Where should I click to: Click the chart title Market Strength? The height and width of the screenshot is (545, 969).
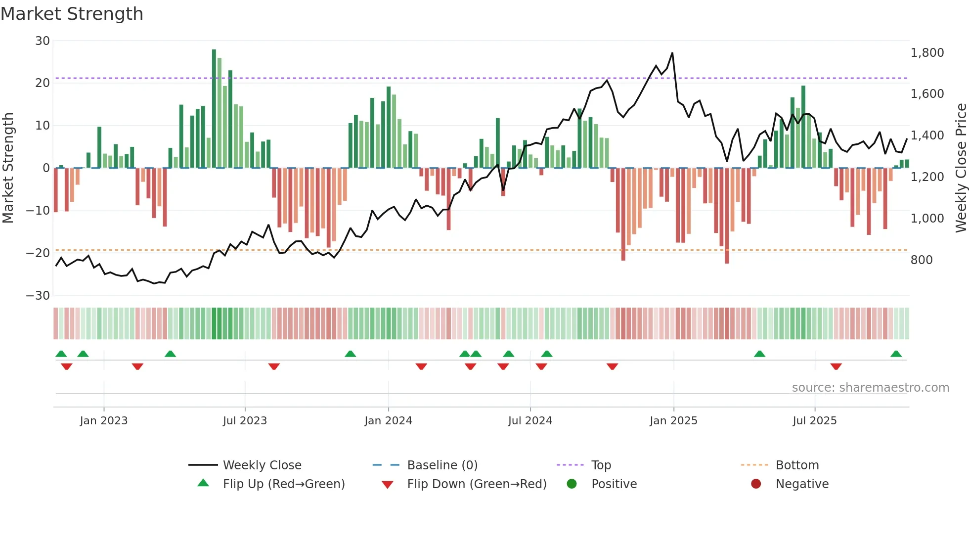pyautogui.click(x=72, y=14)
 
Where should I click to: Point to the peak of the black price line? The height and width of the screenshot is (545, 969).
pyautogui.click(x=672, y=53)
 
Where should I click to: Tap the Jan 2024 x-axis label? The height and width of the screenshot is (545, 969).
pyautogui.click(x=388, y=421)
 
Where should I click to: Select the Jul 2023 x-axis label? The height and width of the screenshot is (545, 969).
pyautogui.click(x=245, y=421)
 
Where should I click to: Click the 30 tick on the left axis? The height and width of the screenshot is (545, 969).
pyautogui.click(x=43, y=41)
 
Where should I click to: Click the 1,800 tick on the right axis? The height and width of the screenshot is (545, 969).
pyautogui.click(x=927, y=53)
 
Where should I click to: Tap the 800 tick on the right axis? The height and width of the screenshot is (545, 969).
pyautogui.click(x=922, y=260)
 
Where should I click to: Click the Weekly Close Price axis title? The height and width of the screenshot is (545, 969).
pyautogui.click(x=961, y=168)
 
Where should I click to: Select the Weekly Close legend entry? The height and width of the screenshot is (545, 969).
pyautogui.click(x=262, y=465)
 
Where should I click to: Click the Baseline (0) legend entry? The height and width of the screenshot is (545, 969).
pyautogui.click(x=442, y=465)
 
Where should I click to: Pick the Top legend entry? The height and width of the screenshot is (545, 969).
pyautogui.click(x=601, y=465)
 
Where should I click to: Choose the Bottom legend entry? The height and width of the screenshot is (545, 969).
pyautogui.click(x=797, y=465)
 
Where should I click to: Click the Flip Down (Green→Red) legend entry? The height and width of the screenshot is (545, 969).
pyautogui.click(x=476, y=484)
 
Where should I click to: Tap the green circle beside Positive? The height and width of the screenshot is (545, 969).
pyautogui.click(x=572, y=484)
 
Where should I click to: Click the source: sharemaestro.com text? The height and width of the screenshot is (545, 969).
pyautogui.click(x=870, y=388)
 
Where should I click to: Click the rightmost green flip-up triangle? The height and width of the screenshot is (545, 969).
pyautogui.click(x=896, y=354)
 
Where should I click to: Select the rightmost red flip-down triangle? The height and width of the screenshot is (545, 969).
pyautogui.click(x=836, y=366)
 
